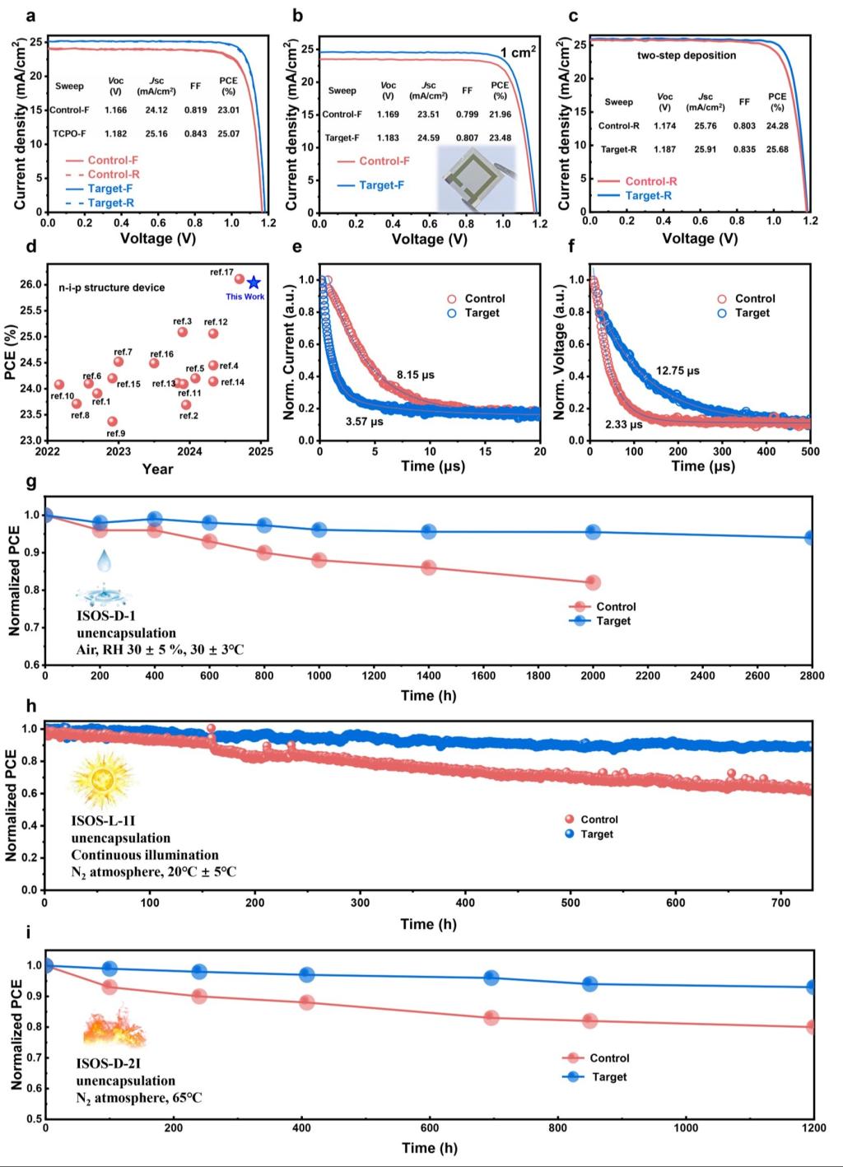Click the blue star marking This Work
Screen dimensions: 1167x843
pyautogui.click(x=254, y=282)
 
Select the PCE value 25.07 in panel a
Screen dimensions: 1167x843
pyautogui.click(x=228, y=133)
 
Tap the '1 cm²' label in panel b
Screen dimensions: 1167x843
pyautogui.click(x=519, y=53)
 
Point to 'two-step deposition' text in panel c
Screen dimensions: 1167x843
pyautogui.click(x=687, y=55)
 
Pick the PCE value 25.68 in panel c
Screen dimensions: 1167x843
pyautogui.click(x=777, y=150)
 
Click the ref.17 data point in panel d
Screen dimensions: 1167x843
pyautogui.click(x=240, y=279)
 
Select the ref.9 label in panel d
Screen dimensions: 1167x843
pyautogui.click(x=116, y=433)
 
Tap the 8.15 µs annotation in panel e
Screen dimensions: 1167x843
pyautogui.click(x=416, y=375)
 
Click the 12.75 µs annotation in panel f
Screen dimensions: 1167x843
pyautogui.click(x=678, y=371)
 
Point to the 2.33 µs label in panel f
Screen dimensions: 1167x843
pyautogui.click(x=623, y=425)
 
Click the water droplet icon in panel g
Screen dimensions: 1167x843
pyautogui.click(x=103, y=562)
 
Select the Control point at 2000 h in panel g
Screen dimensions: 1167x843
pyautogui.click(x=593, y=582)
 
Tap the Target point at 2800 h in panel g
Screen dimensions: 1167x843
pyautogui.click(x=811, y=538)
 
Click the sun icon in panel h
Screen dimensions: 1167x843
pyautogui.click(x=103, y=780)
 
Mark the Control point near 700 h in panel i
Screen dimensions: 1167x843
pyautogui.click(x=491, y=1017)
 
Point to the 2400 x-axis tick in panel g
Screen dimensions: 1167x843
pyautogui.click(x=702, y=676)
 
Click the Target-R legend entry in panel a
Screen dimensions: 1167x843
pyautogui.click(x=110, y=203)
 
